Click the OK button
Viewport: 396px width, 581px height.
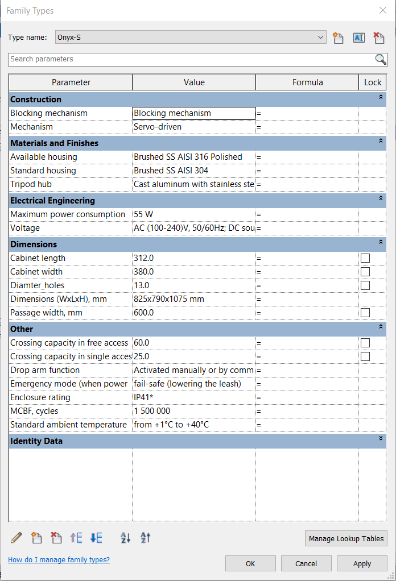coord(250,563)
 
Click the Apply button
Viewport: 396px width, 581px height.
coord(362,563)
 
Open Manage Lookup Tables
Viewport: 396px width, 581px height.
coord(346,538)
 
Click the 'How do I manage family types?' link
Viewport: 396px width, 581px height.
coord(59,559)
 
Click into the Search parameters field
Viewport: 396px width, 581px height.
coord(191,59)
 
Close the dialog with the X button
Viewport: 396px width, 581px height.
coord(382,10)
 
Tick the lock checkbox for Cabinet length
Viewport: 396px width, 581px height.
coord(365,258)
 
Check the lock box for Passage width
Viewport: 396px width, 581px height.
coord(365,313)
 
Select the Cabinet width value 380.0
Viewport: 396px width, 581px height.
coord(193,272)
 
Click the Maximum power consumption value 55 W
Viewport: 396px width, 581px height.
coord(193,214)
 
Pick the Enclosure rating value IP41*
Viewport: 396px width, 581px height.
coord(193,397)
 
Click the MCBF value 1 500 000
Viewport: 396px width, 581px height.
coord(193,411)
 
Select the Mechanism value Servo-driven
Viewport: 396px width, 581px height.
coord(193,127)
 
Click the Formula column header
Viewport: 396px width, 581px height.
coord(307,82)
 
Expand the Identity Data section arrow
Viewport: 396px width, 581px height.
coord(381,439)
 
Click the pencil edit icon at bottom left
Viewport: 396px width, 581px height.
coord(16,537)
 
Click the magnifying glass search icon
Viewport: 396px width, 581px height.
coord(381,59)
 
